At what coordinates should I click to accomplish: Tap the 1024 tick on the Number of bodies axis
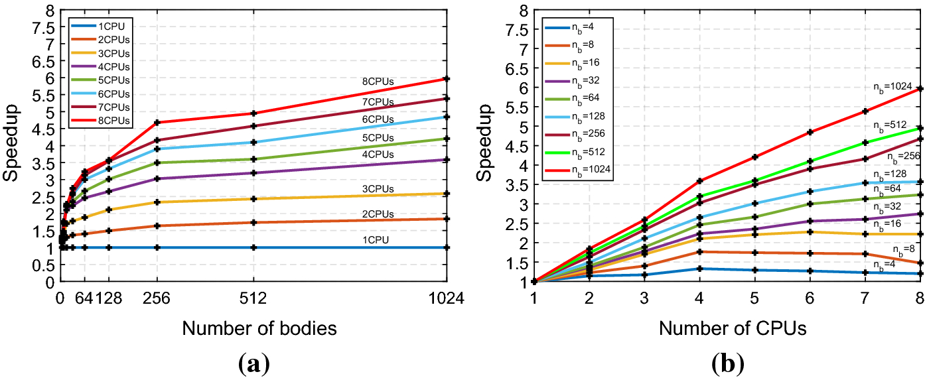click(445, 298)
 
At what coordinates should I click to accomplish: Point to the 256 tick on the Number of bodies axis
click(157, 298)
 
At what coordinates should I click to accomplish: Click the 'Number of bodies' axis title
click(259, 328)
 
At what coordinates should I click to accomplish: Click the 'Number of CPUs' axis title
click(733, 328)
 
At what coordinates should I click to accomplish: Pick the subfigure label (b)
click(728, 363)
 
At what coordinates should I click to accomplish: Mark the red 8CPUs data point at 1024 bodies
click(447, 79)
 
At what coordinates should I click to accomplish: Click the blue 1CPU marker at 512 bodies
click(253, 247)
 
